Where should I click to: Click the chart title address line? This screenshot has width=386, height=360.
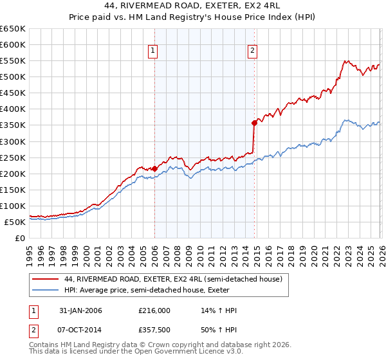pyautogui.click(x=192, y=6)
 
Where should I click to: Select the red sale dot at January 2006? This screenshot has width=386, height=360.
pyautogui.click(x=154, y=168)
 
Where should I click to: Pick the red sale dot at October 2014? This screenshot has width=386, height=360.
pyautogui.click(x=255, y=122)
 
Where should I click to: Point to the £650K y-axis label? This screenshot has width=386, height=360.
pyautogui.click(x=13, y=29)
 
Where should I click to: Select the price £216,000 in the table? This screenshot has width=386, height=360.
pyautogui.click(x=154, y=311)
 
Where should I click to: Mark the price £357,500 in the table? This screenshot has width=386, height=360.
pyautogui.click(x=154, y=330)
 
